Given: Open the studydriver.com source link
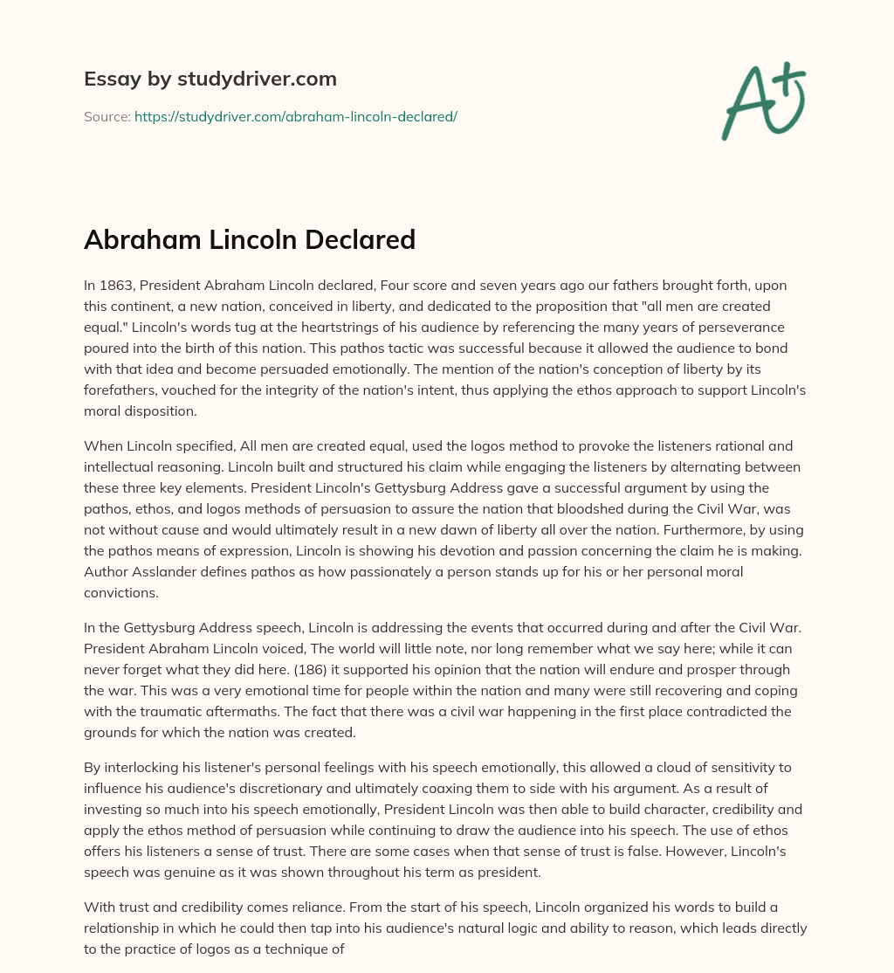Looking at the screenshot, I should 296,116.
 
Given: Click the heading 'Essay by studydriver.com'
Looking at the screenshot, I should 210,79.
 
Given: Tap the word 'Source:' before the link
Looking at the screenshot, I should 107,116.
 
